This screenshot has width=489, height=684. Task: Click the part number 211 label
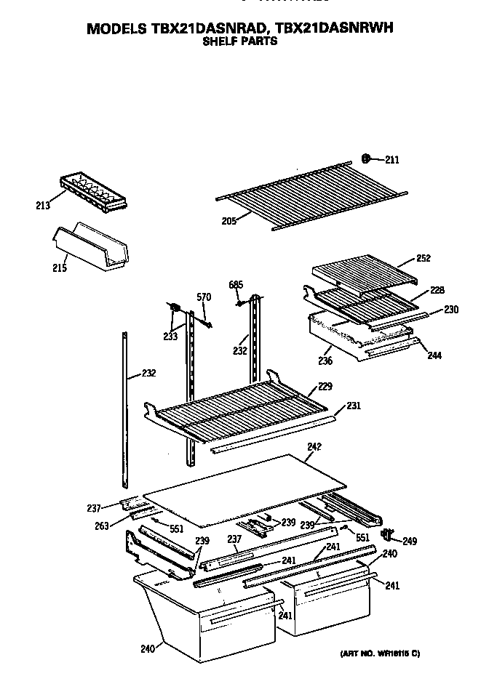coord(391,160)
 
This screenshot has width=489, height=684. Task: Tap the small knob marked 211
coord(369,158)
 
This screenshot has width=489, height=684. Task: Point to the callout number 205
coord(229,221)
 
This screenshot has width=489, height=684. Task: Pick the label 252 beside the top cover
coord(424,258)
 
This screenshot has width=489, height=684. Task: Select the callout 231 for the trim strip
coord(354,406)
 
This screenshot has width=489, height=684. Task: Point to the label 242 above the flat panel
coord(314,446)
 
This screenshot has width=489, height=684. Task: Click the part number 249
coord(410,541)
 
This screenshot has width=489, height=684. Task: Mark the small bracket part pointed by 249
coord(387,536)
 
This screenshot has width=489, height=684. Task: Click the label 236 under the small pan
coord(325,361)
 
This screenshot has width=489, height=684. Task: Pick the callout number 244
coord(435,355)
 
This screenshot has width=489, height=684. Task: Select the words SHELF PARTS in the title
coord(239,41)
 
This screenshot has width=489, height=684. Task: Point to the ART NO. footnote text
coord(379,653)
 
